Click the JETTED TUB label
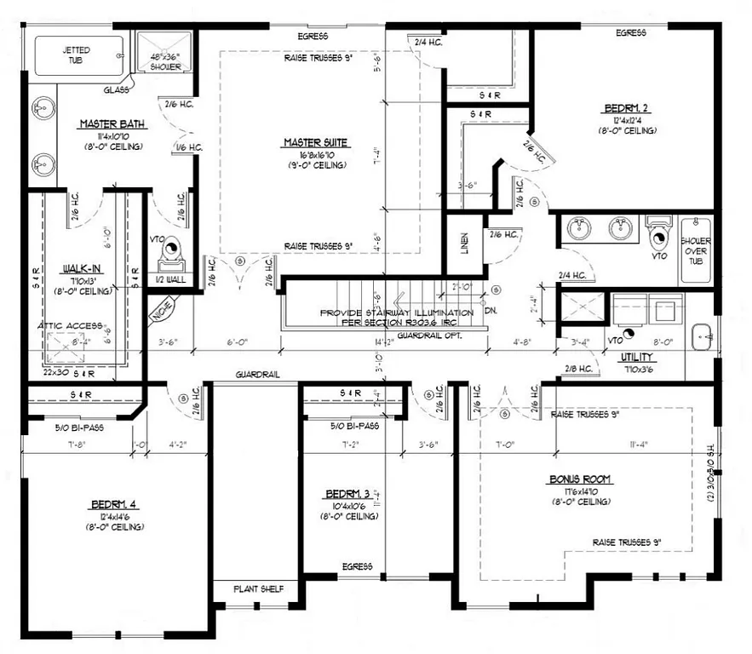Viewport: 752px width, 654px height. [76, 55]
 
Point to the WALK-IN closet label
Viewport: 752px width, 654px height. [77, 269]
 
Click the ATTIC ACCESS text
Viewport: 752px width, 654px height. [70, 326]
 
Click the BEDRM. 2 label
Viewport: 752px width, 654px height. [628, 109]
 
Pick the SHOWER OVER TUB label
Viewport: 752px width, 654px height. [695, 252]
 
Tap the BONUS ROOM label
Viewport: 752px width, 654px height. [582, 479]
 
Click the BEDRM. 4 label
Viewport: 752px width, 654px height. [113, 505]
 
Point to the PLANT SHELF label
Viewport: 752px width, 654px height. [254, 589]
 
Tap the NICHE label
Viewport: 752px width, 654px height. [162, 309]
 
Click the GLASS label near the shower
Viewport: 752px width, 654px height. [117, 89]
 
